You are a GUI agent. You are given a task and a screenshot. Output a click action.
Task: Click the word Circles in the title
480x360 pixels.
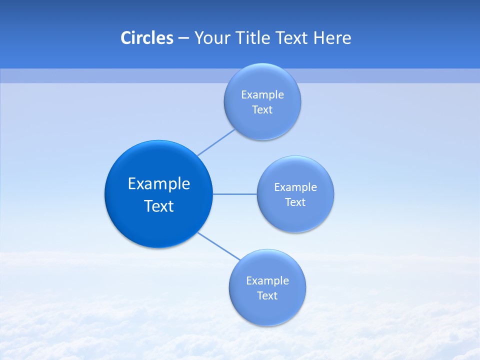(x=146, y=38)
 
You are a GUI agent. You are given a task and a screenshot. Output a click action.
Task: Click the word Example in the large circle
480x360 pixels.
(x=159, y=184)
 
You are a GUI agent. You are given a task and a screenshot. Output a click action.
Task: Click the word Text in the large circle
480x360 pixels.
(x=159, y=206)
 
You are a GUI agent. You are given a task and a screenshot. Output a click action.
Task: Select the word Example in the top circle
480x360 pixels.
(x=262, y=95)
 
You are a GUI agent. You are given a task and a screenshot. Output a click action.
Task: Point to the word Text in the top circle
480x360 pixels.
(x=262, y=110)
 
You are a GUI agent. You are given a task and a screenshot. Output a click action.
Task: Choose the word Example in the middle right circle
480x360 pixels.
(x=295, y=187)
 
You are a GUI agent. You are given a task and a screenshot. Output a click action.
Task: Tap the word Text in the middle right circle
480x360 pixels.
(x=295, y=202)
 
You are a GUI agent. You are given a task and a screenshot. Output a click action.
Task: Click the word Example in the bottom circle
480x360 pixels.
(x=267, y=281)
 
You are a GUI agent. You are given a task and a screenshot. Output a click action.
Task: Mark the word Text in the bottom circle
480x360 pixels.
(x=267, y=296)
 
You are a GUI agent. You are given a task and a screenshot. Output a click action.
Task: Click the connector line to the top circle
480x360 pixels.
(x=216, y=142)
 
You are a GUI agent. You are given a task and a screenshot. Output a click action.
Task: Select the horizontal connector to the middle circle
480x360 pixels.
(x=235, y=194)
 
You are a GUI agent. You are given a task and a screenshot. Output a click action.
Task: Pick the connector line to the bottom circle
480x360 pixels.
(x=219, y=246)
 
